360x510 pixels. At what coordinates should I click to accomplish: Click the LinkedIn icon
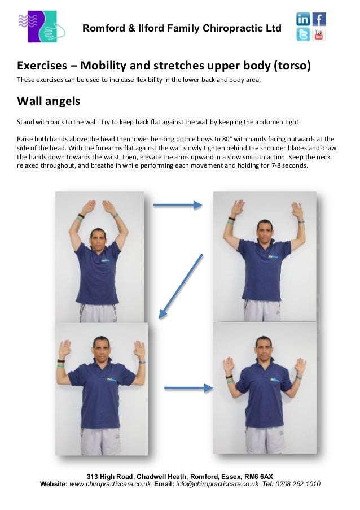303,19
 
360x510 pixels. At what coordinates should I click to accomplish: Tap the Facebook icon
319,19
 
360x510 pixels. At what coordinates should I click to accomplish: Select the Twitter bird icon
303,34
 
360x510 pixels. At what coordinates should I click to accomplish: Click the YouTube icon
319,34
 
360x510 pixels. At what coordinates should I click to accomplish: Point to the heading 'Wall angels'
49,102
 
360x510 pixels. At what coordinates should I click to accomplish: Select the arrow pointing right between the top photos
177,205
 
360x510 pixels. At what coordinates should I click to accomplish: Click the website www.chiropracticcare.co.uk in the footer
109,484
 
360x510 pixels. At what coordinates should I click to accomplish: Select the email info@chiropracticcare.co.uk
217,484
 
